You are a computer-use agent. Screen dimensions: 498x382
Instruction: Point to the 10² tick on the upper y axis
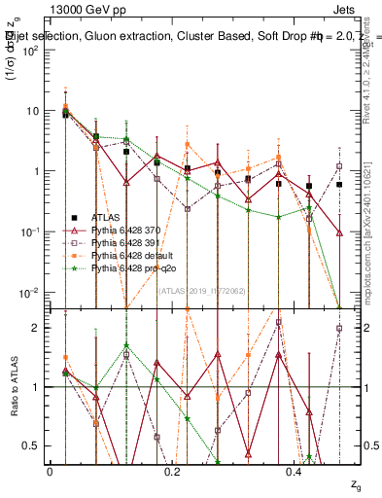pyautogui.click(x=32, y=51)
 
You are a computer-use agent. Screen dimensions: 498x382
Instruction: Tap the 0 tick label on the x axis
pyautogui.click(x=50, y=471)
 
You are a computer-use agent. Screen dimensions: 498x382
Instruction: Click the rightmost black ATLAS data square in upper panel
pyautogui.click(x=339, y=184)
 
